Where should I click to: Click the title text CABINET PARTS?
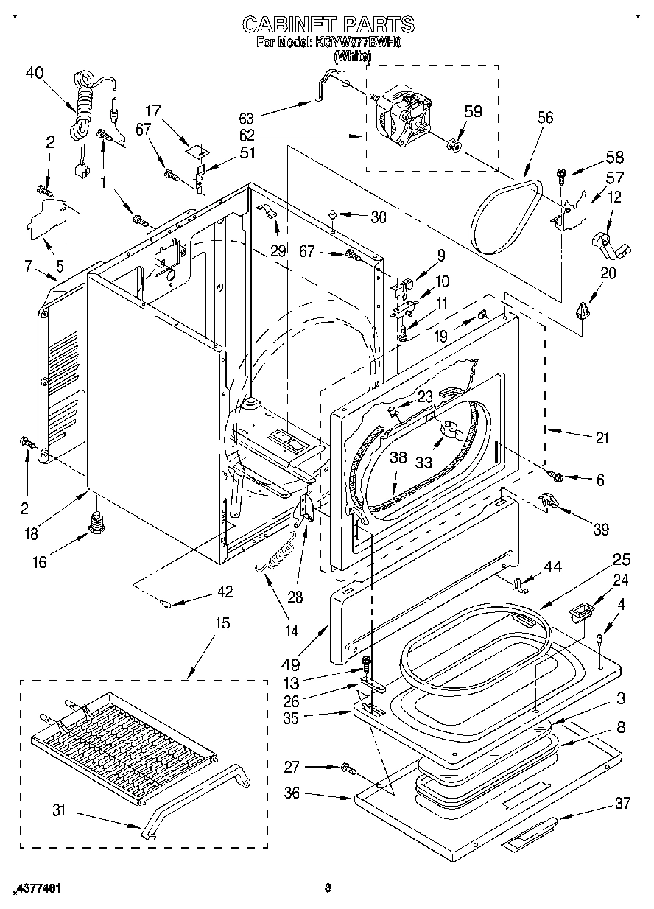click(x=328, y=24)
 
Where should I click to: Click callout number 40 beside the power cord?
click(x=35, y=72)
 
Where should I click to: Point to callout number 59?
click(x=473, y=113)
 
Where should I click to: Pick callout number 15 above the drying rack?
click(x=221, y=623)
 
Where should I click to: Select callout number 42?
click(x=225, y=591)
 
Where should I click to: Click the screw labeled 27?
click(x=347, y=770)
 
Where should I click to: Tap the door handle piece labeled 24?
click(x=580, y=611)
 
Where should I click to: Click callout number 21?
click(x=602, y=438)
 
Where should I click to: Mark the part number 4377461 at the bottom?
click(x=34, y=889)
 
